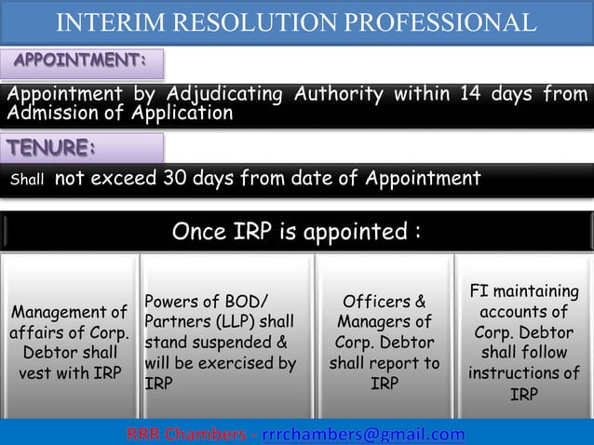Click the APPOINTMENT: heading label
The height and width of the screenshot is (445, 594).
[x=81, y=62]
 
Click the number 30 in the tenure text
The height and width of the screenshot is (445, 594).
[x=177, y=178]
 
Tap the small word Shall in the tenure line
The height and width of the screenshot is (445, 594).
[x=23, y=180]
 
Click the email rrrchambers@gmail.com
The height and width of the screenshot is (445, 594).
[x=363, y=433]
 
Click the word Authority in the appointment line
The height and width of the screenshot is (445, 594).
[x=337, y=94]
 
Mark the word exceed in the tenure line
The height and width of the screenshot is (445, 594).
[x=124, y=178]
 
